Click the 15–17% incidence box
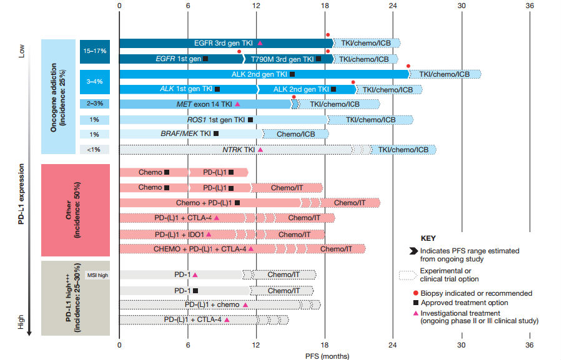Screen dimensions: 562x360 tap(95, 51)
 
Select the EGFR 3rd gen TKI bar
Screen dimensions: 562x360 tap(227, 43)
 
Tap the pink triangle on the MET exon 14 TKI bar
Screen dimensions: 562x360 tap(237, 104)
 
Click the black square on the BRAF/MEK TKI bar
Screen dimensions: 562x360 tap(216, 134)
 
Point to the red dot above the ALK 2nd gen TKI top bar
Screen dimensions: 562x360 tap(408, 66)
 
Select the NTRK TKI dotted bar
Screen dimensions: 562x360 tap(236, 149)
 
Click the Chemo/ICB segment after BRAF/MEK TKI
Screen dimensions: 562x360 tap(295, 134)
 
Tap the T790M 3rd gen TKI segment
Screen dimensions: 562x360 tap(288, 59)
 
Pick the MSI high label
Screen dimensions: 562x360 tap(97, 275)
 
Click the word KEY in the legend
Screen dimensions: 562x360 tap(428, 238)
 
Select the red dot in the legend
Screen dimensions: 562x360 tap(416, 293)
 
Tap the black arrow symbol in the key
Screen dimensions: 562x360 tap(413, 251)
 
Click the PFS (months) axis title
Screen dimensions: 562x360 tap(327, 356)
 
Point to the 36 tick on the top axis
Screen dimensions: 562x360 tap(530, 6)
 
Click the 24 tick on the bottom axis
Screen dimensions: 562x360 tap(393, 345)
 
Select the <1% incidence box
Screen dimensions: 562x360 tap(95, 149)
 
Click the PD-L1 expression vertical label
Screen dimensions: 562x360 tap(21, 194)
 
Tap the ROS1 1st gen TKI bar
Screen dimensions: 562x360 tap(224, 120)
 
